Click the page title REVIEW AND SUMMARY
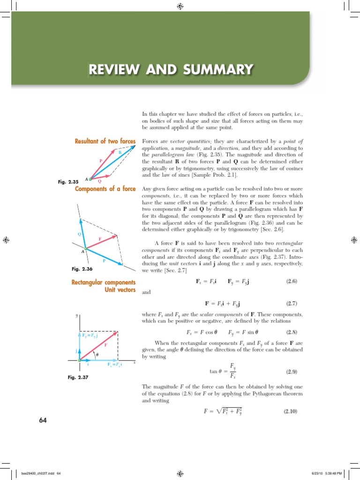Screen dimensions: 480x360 [171, 70]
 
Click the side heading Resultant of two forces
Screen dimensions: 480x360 [105, 141]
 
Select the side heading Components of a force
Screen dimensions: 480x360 [105, 189]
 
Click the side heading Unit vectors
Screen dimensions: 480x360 [120, 290]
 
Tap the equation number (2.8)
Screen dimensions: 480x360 [292, 332]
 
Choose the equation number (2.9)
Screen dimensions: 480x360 [292, 372]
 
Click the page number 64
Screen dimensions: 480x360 [43, 420]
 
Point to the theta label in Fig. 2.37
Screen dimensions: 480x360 [97, 355]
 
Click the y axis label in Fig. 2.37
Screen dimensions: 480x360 [76, 315]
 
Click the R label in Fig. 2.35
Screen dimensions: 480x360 [120, 152]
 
